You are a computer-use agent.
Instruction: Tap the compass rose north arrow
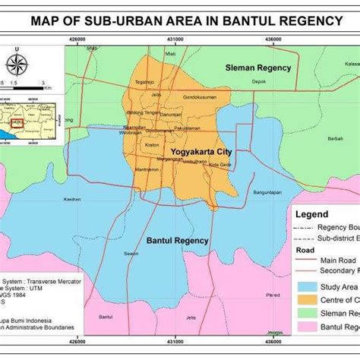(20, 64)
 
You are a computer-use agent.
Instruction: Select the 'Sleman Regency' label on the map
(257, 68)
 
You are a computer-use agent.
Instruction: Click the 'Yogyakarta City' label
(201, 152)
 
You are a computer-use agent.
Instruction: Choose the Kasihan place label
(72, 199)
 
